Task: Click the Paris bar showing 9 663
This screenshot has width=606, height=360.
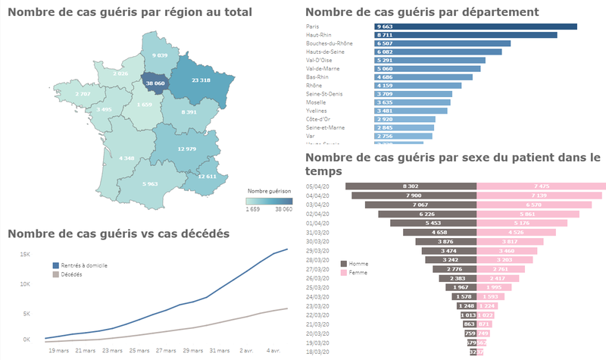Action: point(476,27)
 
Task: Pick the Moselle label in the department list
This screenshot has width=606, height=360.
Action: point(317,102)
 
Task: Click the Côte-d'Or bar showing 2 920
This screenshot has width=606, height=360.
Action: point(405,119)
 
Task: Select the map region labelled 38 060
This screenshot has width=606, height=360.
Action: point(155,84)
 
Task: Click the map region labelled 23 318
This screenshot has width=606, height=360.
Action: point(200,80)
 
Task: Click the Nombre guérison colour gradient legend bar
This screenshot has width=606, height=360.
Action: point(269,201)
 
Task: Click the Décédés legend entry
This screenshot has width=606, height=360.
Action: point(72,274)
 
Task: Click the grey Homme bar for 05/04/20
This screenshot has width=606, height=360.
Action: point(411,186)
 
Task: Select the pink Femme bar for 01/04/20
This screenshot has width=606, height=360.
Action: point(522,223)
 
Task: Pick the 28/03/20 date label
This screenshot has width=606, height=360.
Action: point(317,259)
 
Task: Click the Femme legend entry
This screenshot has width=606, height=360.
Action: point(358,272)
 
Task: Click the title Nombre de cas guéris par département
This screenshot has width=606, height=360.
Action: point(421,11)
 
